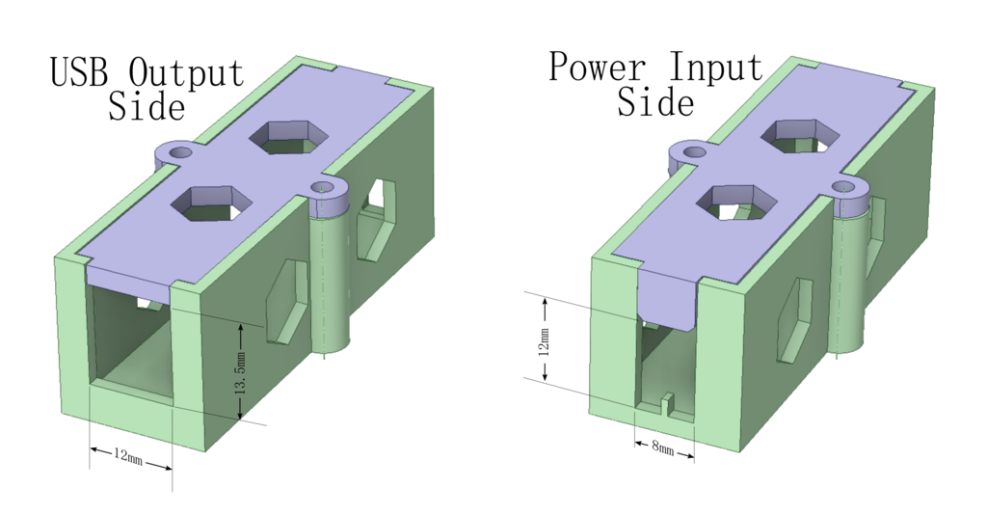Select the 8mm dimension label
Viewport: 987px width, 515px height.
[663, 448]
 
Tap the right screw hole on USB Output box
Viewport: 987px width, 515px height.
[324, 186]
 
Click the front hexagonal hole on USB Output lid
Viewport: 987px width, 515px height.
[210, 203]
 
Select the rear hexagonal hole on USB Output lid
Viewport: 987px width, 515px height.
[286, 136]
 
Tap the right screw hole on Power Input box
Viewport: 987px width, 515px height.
[844, 185]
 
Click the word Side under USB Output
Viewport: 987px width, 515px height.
[146, 106]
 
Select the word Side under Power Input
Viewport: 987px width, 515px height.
[655, 102]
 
